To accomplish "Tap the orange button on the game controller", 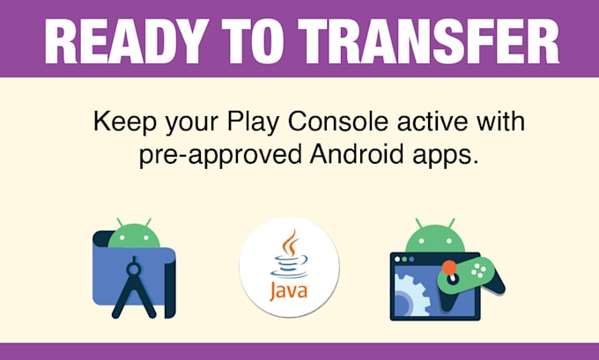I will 449,266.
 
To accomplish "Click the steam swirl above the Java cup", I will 292,243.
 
